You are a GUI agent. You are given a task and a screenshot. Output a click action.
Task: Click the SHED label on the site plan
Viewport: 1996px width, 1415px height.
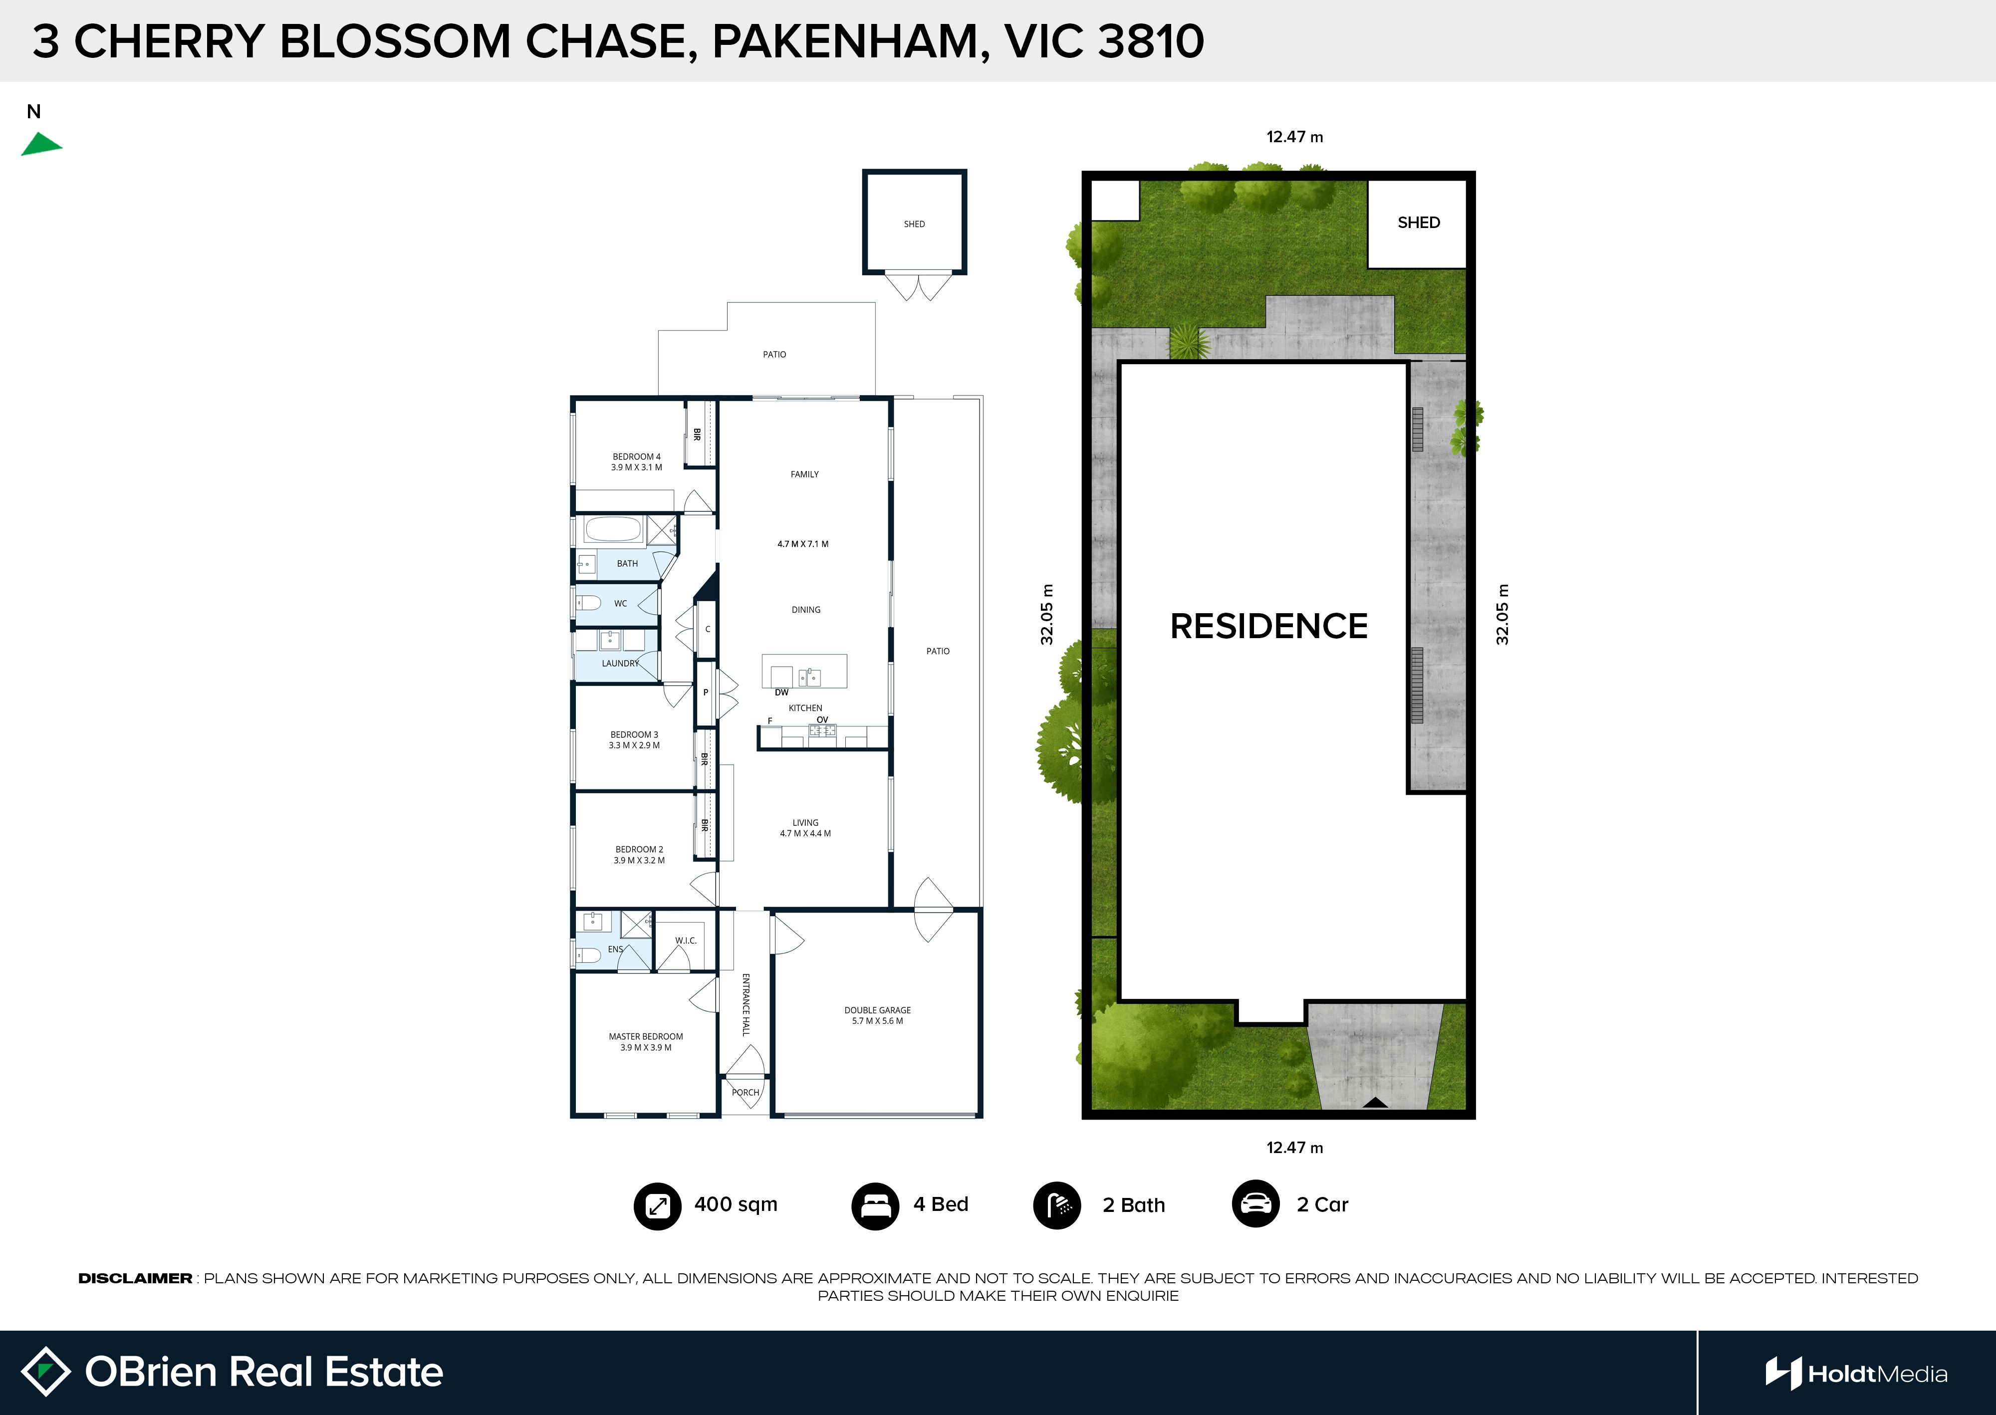pos(1418,222)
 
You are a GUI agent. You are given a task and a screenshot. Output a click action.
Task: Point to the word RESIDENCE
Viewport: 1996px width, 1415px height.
pos(1268,626)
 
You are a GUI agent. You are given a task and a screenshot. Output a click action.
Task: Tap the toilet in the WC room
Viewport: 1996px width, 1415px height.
pos(589,603)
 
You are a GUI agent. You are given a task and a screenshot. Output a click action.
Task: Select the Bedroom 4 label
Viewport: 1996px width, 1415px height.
pos(636,462)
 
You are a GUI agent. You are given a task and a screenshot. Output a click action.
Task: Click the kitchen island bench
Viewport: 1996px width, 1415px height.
pos(804,671)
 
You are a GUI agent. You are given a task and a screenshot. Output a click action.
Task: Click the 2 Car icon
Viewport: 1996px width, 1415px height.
pos(1255,1204)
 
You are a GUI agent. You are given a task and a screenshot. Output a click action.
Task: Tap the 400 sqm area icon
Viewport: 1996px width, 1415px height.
pos(657,1206)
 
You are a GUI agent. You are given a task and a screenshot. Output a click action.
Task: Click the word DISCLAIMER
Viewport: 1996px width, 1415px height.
pos(135,1278)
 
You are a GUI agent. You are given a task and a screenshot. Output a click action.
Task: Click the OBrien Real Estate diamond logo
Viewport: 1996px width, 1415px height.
pos(45,1372)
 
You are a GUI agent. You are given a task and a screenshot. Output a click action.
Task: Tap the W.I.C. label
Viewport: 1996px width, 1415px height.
pos(686,940)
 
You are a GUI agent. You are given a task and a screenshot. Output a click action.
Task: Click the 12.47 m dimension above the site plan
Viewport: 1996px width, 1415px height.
pos(1295,137)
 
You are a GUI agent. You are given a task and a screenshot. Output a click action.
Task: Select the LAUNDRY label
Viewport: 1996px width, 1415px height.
pos(620,663)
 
